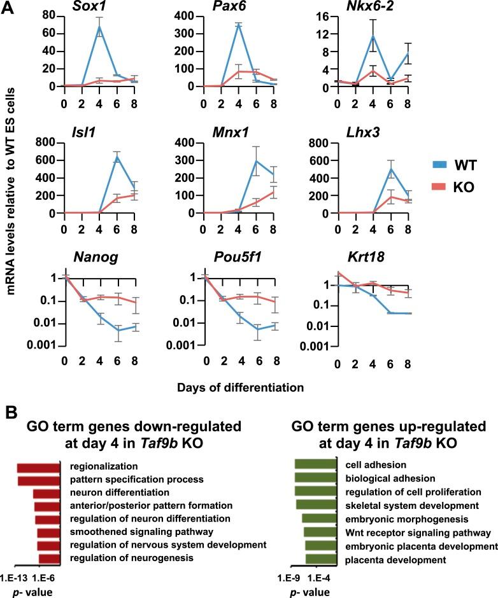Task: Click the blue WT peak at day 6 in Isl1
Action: pyautogui.click(x=99, y=155)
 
